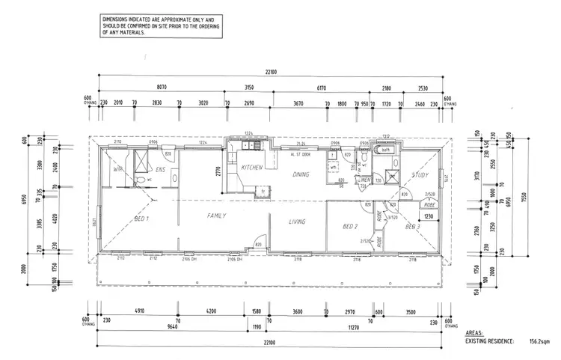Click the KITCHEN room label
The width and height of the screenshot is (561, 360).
coord(252,168)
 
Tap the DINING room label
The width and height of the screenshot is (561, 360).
coord(301,174)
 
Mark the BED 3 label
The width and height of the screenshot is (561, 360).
coord(413,226)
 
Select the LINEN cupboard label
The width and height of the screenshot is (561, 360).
coord(364,180)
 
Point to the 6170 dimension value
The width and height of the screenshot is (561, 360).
coord(322,87)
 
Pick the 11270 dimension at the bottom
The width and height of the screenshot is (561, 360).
coord(350,326)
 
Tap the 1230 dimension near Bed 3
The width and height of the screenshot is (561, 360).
coord(429,216)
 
